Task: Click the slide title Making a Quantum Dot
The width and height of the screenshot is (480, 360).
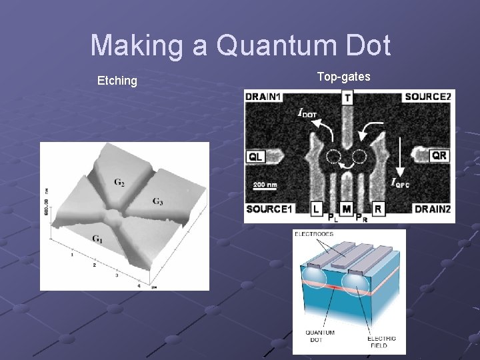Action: pyautogui.click(x=240, y=46)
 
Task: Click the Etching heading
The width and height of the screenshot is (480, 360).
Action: pyautogui.click(x=117, y=81)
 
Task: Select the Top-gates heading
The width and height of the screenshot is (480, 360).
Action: pyautogui.click(x=343, y=77)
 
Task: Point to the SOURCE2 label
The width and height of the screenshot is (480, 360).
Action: pyautogui.click(x=427, y=97)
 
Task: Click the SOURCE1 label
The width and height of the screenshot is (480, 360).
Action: pyautogui.click(x=269, y=209)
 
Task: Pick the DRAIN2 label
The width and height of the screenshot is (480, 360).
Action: pyautogui.click(x=431, y=209)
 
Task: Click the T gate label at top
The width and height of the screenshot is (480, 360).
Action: pyautogui.click(x=347, y=98)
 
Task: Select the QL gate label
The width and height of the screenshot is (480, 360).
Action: pyautogui.click(x=256, y=157)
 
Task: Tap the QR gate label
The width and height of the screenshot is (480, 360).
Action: pyautogui.click(x=439, y=155)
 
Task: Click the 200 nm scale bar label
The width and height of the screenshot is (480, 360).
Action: pyautogui.click(x=265, y=185)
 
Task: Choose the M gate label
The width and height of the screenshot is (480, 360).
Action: pyautogui.click(x=347, y=209)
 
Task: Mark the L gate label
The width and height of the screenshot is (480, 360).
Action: pyautogui.click(x=316, y=209)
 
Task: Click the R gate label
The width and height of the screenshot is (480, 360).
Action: pyautogui.click(x=377, y=209)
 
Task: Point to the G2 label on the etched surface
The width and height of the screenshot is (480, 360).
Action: pyautogui.click(x=119, y=182)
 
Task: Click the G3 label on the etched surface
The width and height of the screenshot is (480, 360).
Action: pyautogui.click(x=157, y=201)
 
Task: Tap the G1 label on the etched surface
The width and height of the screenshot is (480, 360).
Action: pyautogui.click(x=97, y=238)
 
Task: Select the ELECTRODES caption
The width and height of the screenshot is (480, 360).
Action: pyautogui.click(x=313, y=235)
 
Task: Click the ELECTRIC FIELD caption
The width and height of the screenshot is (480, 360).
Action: pyautogui.click(x=381, y=341)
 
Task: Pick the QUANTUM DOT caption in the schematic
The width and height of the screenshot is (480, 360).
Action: pyautogui.click(x=320, y=337)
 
